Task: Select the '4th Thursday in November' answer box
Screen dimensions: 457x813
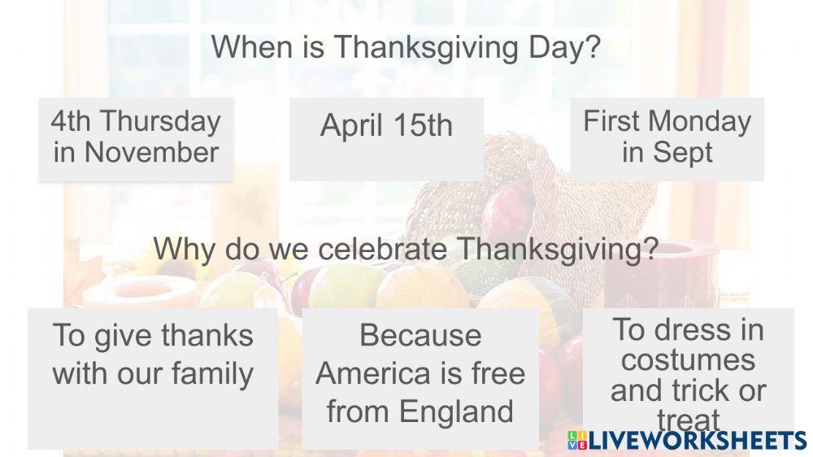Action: (x=136, y=137)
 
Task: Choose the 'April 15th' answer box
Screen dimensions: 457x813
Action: (x=386, y=138)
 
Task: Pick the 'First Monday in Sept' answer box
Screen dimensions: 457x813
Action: (x=667, y=137)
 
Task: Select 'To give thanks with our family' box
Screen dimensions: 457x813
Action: (x=154, y=378)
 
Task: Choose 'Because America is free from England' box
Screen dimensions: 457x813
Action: (x=420, y=378)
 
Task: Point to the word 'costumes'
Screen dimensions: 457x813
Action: (x=688, y=359)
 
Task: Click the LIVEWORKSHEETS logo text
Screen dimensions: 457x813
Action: (x=697, y=440)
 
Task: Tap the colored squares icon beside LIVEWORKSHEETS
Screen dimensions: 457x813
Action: (x=576, y=440)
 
